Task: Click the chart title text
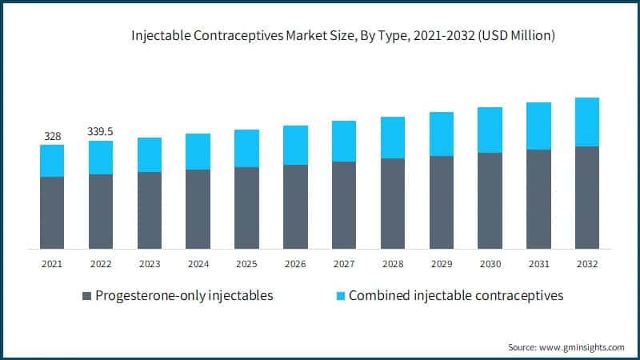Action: (344, 36)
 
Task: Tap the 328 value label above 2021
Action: (52, 135)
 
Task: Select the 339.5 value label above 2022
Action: (101, 131)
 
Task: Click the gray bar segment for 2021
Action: (52, 212)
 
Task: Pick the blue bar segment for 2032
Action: (587, 122)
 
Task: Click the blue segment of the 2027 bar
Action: (344, 141)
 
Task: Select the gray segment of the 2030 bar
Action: (490, 200)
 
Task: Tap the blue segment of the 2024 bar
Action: (198, 151)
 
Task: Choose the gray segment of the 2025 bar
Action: (246, 207)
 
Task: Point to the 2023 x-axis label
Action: (150, 263)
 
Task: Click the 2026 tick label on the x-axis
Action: (295, 263)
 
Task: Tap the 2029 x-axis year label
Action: (442, 263)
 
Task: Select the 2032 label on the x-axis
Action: (587, 263)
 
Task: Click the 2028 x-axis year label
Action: (393, 263)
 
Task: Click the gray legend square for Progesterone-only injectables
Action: (86, 296)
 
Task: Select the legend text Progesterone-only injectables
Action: (184, 296)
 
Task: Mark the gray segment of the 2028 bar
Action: (393, 203)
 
